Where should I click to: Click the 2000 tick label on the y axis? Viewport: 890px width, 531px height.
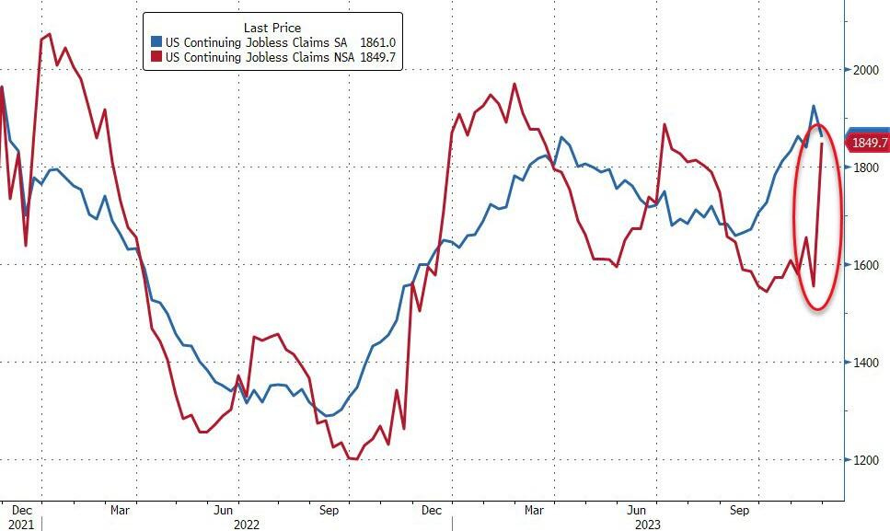(x=866, y=70)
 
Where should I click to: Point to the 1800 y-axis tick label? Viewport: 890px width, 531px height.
(x=866, y=167)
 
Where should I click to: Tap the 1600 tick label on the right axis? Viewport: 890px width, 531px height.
(x=866, y=265)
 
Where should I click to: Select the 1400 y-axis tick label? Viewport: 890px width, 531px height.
(x=866, y=363)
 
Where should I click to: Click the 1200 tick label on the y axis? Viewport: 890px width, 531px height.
(x=866, y=460)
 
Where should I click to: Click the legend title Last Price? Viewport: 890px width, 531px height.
(x=272, y=28)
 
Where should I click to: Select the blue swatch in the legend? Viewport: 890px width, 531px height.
(x=156, y=42)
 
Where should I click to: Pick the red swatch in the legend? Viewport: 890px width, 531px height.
(x=156, y=58)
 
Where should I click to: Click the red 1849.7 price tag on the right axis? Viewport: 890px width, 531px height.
(x=870, y=143)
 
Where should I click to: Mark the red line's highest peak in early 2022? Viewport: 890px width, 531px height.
(x=49, y=34)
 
